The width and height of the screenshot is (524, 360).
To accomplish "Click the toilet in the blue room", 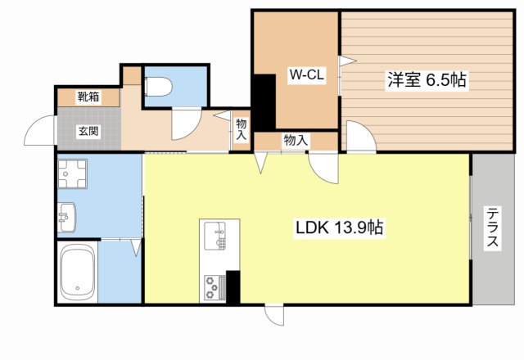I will point(156,85).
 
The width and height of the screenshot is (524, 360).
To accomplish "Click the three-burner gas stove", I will point(214,286).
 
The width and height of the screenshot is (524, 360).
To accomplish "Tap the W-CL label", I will point(307,76).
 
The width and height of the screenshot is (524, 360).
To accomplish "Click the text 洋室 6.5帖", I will point(427,80).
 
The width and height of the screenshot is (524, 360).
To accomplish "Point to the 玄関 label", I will point(89,132).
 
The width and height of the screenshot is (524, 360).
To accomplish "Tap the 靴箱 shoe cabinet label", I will point(89,97).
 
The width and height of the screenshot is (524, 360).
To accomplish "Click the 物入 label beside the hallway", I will point(242,129).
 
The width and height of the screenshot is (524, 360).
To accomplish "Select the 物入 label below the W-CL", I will point(296,141).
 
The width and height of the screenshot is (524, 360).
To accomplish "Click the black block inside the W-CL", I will point(264,101).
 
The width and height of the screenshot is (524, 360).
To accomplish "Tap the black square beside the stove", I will point(233,286).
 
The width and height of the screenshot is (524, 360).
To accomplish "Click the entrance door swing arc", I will point(39,132).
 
